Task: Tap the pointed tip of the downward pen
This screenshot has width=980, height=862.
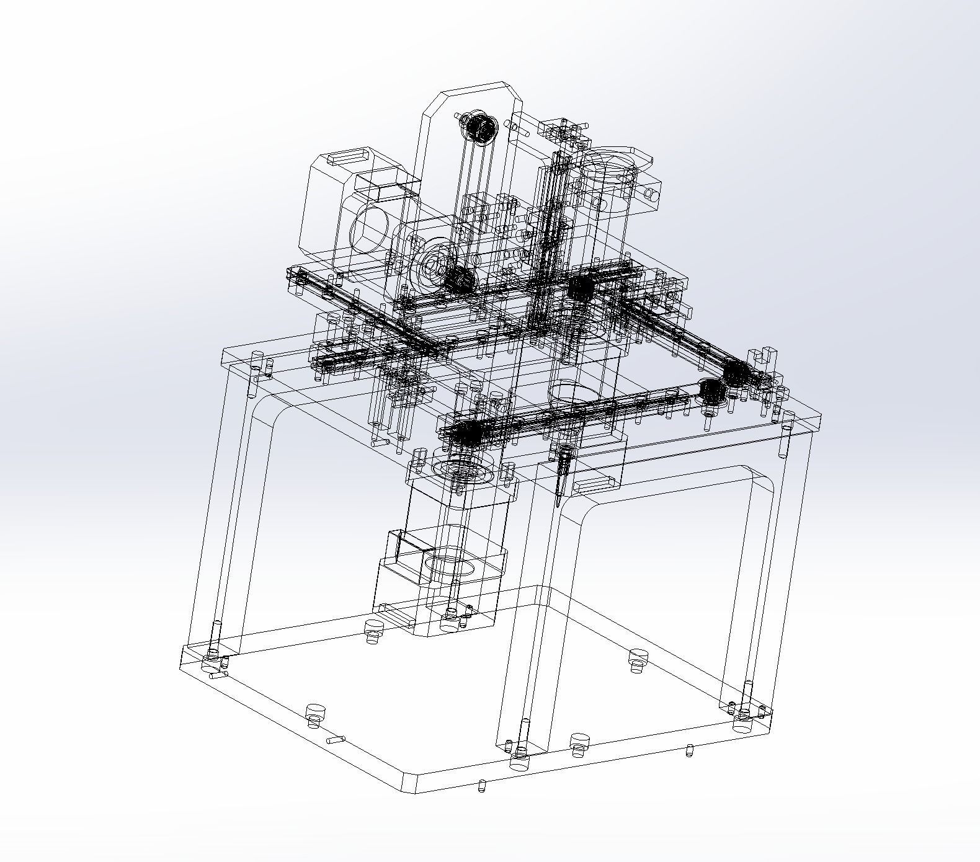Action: tap(559, 504)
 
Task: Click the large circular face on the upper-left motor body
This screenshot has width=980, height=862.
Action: tap(370, 230)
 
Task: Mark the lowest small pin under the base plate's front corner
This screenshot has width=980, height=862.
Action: tap(481, 788)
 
